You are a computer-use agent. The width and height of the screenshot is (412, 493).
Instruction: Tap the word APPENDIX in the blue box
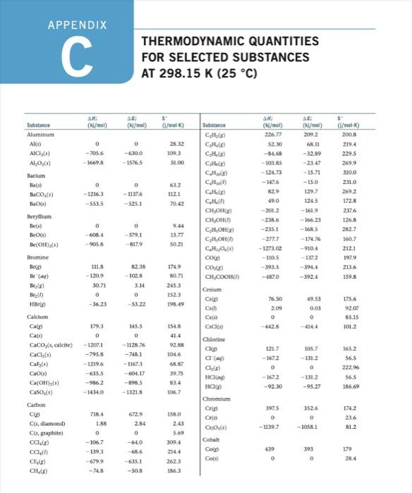coord(77,25)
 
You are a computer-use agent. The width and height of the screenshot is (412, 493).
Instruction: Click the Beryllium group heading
coord(40,219)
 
